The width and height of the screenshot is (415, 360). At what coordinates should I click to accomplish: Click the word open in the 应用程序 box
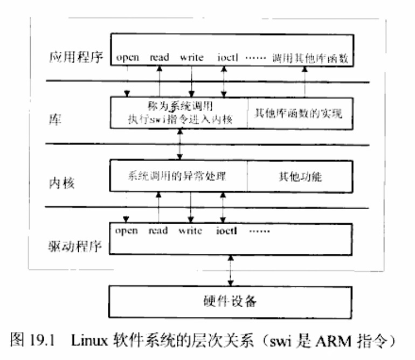click(x=128, y=58)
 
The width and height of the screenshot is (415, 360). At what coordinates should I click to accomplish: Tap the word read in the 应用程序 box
click(x=160, y=58)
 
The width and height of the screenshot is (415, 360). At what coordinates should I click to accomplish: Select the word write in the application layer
click(x=192, y=58)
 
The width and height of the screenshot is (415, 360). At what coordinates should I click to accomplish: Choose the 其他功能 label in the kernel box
click(x=299, y=176)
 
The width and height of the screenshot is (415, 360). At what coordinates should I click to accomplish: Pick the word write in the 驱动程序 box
click(x=190, y=231)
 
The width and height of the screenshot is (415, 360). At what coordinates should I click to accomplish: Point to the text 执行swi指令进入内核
click(x=180, y=120)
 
